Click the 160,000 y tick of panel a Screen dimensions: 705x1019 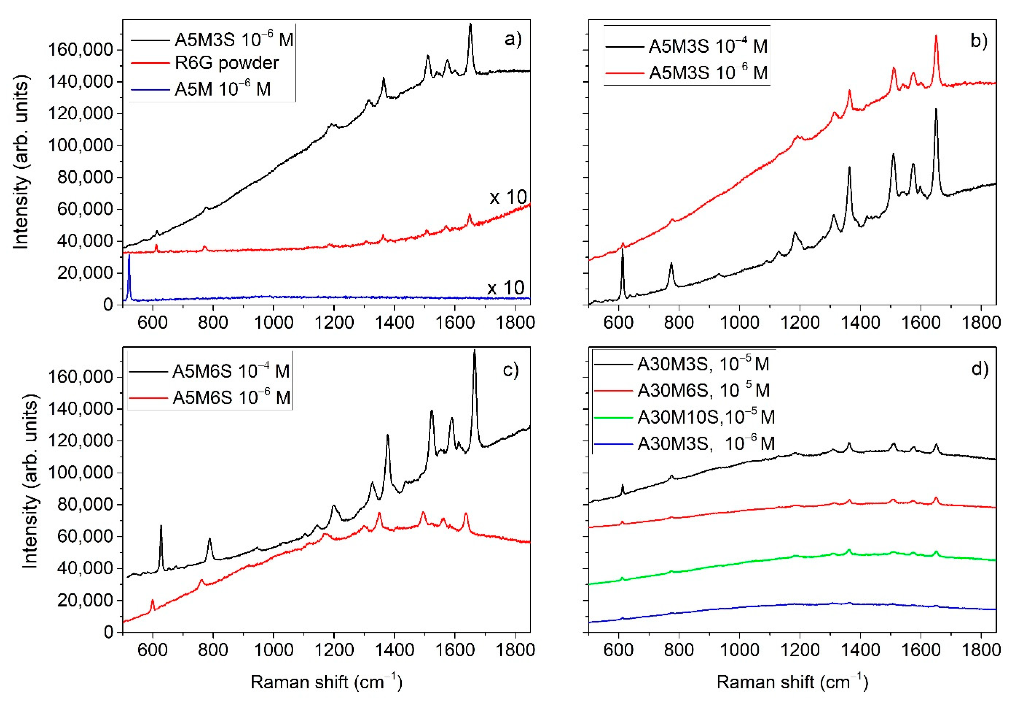[x=80, y=50]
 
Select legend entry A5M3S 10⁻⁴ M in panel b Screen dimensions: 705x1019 [x=708, y=46]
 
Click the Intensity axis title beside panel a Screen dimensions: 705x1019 [x=21, y=163]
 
